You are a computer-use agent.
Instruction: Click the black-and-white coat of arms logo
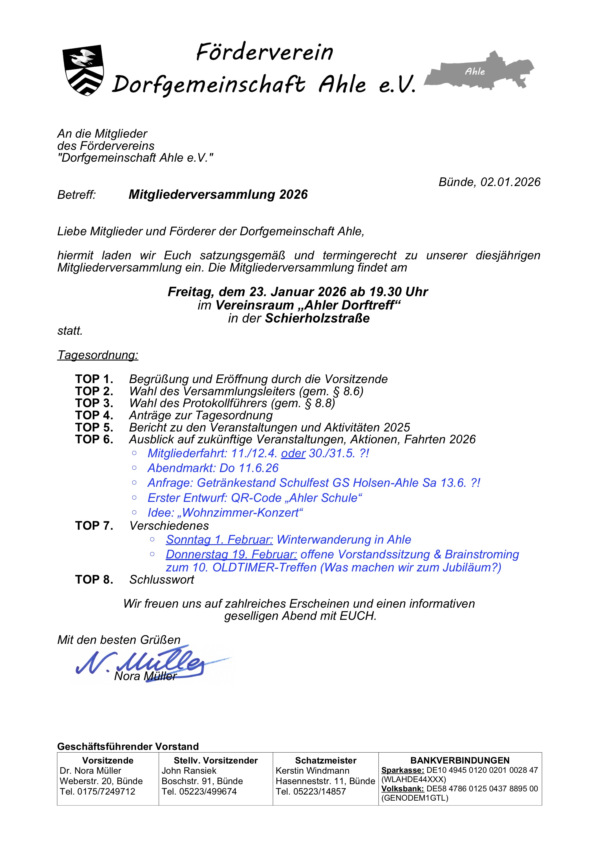[83, 70]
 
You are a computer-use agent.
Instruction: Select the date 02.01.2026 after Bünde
[510, 182]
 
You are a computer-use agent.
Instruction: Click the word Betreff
[76, 194]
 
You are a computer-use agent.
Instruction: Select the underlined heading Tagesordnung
[98, 355]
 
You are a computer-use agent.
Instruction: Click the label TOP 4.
[94, 415]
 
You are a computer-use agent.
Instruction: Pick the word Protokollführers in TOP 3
[225, 403]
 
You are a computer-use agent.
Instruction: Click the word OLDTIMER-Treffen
[264, 567]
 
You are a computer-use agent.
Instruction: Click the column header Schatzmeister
[325, 760]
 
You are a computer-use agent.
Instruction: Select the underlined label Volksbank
[402, 789]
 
